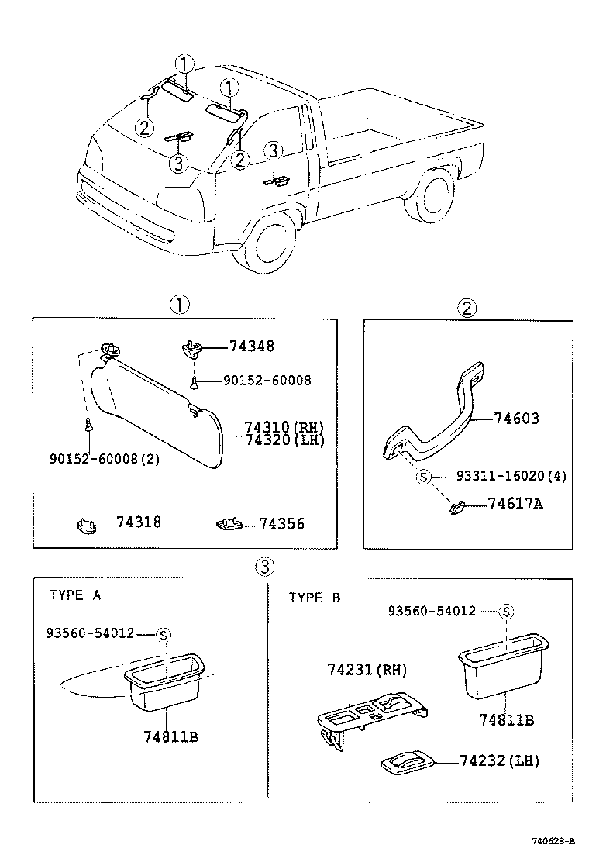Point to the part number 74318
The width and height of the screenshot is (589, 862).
[139, 522]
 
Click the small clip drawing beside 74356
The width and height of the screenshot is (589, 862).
[229, 525]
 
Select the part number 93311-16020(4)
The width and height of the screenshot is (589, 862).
[511, 476]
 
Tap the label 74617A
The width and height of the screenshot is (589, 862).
[515, 504]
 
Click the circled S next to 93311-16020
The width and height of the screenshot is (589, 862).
[423, 477]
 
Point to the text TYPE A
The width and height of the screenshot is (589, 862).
[75, 595]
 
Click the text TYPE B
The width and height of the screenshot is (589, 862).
[315, 598]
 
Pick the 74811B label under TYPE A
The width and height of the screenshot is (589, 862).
[170, 736]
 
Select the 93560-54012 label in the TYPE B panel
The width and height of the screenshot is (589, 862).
[432, 611]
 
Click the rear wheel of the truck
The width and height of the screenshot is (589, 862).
[429, 195]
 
